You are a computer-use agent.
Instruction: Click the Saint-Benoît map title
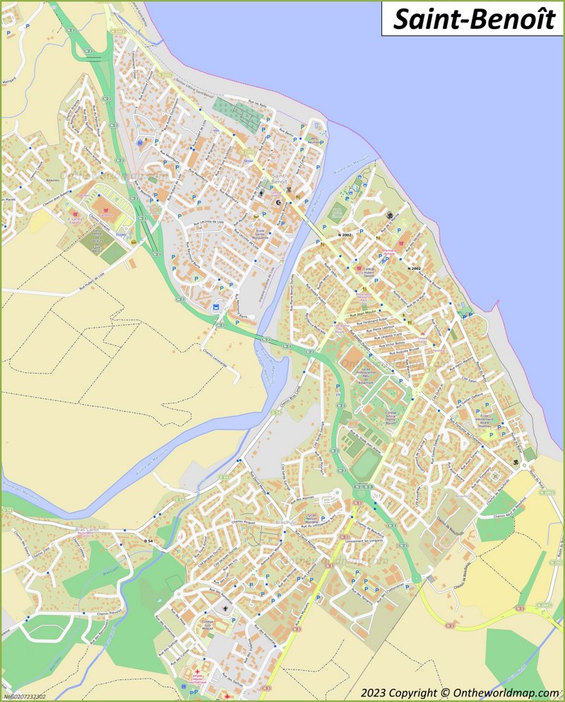click(x=473, y=19)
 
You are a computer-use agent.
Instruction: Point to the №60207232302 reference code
click(x=25, y=696)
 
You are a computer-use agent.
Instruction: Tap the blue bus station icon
click(x=215, y=307)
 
